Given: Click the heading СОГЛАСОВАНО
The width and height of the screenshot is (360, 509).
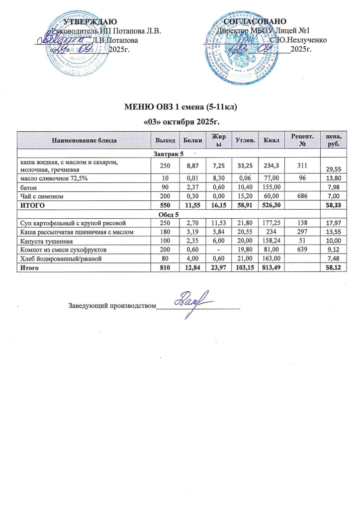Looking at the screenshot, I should (x=255, y=21).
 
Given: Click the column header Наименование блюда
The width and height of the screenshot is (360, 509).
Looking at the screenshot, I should (x=83, y=141).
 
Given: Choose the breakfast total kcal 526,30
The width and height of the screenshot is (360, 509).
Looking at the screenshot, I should (x=271, y=205).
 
